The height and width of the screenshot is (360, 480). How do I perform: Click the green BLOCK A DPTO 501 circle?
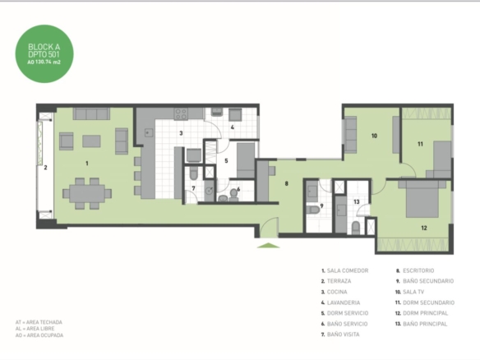(44, 54)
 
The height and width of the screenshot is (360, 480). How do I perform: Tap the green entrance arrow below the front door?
(269, 245)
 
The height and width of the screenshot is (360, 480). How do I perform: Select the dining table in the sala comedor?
(87, 193)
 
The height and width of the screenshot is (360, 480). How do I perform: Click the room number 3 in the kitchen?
(181, 133)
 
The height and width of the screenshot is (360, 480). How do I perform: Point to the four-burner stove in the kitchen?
(181, 114)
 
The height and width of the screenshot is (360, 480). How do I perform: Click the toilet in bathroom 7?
(193, 173)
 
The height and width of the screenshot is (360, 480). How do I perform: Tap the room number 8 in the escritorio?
(287, 183)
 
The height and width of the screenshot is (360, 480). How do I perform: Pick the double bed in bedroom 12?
(422, 199)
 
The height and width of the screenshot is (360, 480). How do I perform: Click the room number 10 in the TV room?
(374, 136)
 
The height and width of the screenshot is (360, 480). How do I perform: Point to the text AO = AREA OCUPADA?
(39, 335)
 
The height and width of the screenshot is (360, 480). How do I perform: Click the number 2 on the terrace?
(45, 168)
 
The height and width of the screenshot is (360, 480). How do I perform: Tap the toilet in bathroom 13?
(356, 228)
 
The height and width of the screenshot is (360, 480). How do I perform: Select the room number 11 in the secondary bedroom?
(420, 144)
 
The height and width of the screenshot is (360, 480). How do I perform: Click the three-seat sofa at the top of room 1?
(91, 113)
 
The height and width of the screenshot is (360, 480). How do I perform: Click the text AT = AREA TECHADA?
(39, 322)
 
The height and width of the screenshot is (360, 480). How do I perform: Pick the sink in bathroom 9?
(312, 192)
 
